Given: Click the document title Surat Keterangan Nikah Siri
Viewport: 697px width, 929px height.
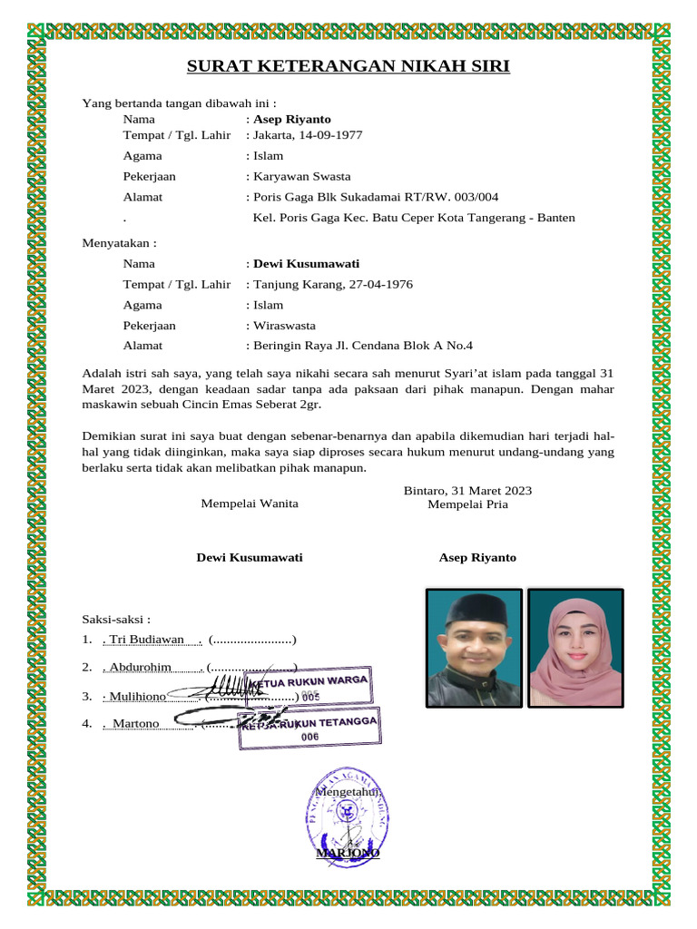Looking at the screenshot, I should click(348, 66).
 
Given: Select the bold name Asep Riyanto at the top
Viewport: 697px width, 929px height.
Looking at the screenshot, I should click(292, 119).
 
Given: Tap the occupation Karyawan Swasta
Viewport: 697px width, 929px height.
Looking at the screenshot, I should click(301, 176).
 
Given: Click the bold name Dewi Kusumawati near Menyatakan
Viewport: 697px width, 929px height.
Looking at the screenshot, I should click(306, 264).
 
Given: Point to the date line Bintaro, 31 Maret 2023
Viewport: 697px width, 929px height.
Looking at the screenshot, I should click(467, 491).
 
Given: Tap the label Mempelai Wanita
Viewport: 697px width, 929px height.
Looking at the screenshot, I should click(249, 504).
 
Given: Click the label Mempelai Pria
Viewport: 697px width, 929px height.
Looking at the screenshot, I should click(467, 504).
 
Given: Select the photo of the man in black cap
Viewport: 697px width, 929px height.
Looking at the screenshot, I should click(474, 648).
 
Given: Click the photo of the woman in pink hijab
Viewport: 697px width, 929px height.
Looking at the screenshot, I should click(575, 648).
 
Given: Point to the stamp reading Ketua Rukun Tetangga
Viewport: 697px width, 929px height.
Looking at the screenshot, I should click(309, 728).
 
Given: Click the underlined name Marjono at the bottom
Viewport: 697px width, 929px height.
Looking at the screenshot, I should click(348, 854).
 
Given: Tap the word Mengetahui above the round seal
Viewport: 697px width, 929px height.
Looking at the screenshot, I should click(348, 792).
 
